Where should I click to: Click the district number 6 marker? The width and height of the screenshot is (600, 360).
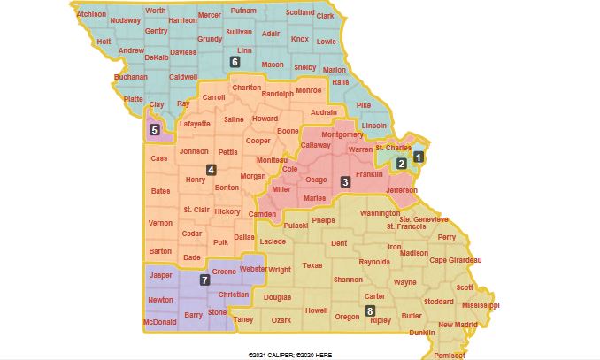pos(235,62)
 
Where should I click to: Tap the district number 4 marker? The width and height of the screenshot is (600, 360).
pos(211,170)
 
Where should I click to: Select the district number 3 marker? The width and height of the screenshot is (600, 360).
pos(346,182)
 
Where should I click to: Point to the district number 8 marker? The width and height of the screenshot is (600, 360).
pos(370,310)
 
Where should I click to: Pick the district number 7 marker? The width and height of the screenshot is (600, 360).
pos(204,280)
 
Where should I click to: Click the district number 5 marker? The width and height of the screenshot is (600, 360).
pos(155,130)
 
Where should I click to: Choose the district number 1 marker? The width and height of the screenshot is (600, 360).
pos(419,157)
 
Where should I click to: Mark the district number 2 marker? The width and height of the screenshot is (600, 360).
pos(401,164)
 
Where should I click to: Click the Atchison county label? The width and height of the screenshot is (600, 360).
pos(91,15)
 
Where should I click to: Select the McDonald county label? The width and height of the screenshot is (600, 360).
pos(159,323)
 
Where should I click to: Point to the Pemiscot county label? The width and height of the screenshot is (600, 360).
pos(450,355)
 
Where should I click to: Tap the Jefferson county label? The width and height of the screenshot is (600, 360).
pos(400,190)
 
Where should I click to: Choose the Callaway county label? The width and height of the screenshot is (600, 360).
pos(316,145)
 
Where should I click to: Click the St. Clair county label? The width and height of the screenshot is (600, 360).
pos(196,210)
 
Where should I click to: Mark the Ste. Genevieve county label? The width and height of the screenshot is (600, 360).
pos(424,218)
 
